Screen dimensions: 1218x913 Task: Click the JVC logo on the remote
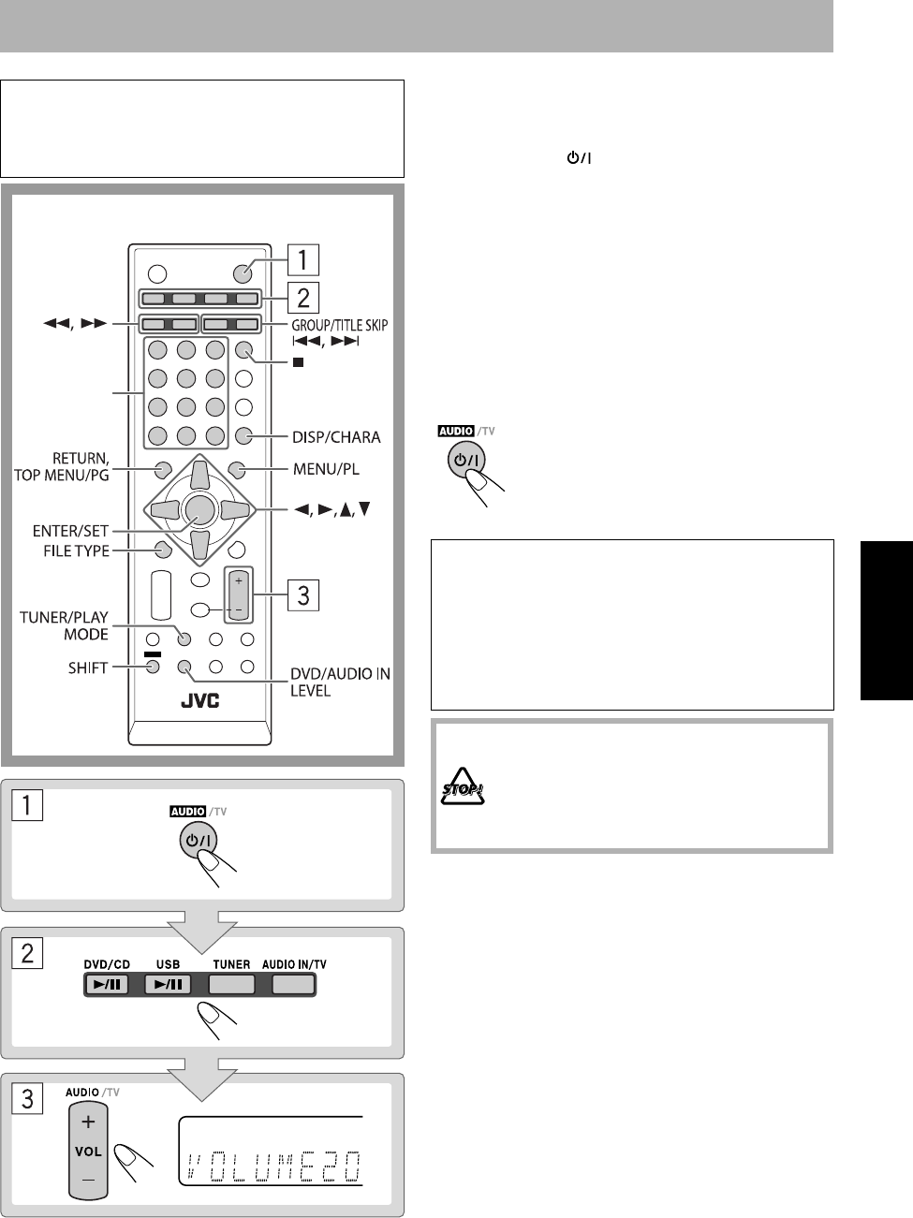(199, 700)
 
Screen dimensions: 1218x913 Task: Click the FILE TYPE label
(76, 550)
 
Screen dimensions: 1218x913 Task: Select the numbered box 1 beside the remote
(303, 257)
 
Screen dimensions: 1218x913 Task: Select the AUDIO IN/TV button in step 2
(294, 984)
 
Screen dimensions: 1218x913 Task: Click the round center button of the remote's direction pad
(199, 508)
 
